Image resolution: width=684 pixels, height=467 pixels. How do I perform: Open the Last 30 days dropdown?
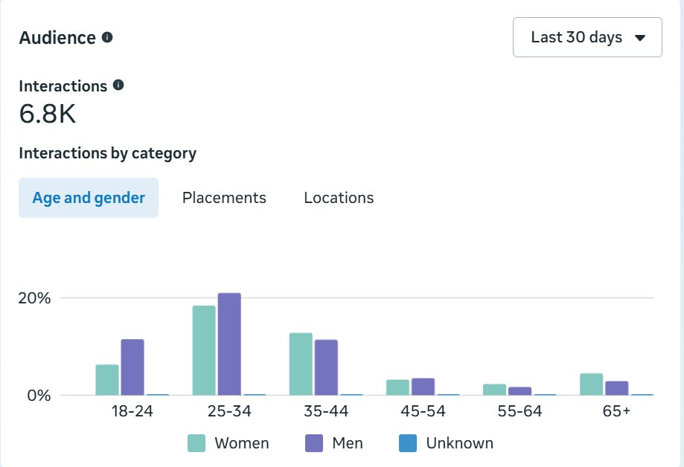tap(587, 37)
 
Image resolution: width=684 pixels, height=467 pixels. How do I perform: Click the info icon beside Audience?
tap(107, 37)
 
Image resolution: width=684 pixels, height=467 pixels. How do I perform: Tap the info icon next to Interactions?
tap(118, 85)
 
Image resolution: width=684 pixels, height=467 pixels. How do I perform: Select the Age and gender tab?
tap(89, 198)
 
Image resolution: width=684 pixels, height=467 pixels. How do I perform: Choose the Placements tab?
tap(224, 198)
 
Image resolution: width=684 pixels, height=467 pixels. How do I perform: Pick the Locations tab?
tap(339, 198)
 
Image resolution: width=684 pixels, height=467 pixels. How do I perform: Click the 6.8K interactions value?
tap(48, 114)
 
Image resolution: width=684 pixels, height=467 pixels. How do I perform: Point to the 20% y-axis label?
tap(34, 298)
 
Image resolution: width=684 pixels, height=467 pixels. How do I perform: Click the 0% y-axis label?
tap(39, 396)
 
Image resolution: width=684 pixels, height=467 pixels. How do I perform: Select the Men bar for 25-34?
tap(229, 344)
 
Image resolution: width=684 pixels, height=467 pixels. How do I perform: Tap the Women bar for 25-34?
tap(204, 350)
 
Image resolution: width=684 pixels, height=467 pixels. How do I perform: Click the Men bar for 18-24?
tap(132, 367)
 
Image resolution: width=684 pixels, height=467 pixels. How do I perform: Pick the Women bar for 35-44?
tap(301, 364)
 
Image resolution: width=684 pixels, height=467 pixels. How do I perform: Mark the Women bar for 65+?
tap(592, 384)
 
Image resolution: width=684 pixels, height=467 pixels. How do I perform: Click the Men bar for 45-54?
tap(423, 387)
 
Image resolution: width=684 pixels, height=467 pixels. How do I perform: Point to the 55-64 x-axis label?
tap(520, 410)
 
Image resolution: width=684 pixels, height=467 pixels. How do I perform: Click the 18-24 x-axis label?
tap(132, 410)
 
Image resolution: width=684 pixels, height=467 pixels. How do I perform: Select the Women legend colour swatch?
tap(196, 443)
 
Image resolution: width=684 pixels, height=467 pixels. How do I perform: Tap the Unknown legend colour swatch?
tap(408, 443)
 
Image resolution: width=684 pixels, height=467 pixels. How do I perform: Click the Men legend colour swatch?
tap(314, 443)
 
